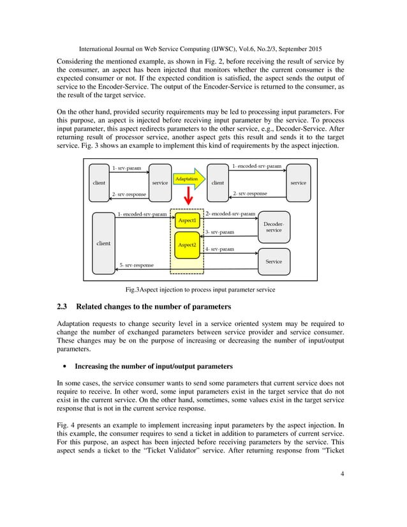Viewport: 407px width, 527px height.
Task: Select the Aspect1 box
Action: click(x=188, y=220)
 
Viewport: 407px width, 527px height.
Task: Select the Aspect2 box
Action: click(x=187, y=245)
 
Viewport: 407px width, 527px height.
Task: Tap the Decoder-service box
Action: click(x=273, y=226)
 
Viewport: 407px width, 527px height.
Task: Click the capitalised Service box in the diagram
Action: click(x=273, y=261)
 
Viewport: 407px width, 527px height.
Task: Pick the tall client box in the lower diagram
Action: click(x=103, y=243)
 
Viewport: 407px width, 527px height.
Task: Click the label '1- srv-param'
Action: click(x=126, y=168)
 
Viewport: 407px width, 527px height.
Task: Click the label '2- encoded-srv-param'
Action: click(x=230, y=214)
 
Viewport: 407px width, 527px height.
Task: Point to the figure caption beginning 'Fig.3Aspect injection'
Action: click(x=202, y=290)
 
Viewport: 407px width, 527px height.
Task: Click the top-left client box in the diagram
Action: click(x=100, y=182)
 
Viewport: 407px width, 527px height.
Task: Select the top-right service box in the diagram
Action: click(x=297, y=182)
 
